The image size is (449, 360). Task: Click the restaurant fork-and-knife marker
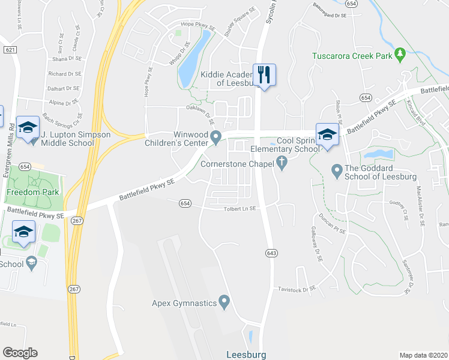[264, 75]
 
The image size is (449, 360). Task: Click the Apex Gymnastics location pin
[224, 302]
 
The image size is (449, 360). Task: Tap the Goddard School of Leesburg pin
[337, 172]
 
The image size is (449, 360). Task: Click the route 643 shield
[272, 254]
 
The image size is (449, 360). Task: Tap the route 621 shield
[9, 50]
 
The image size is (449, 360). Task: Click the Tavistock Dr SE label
[297, 289]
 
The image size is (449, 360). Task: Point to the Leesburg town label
[246, 354]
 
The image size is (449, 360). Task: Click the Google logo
[20, 353]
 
